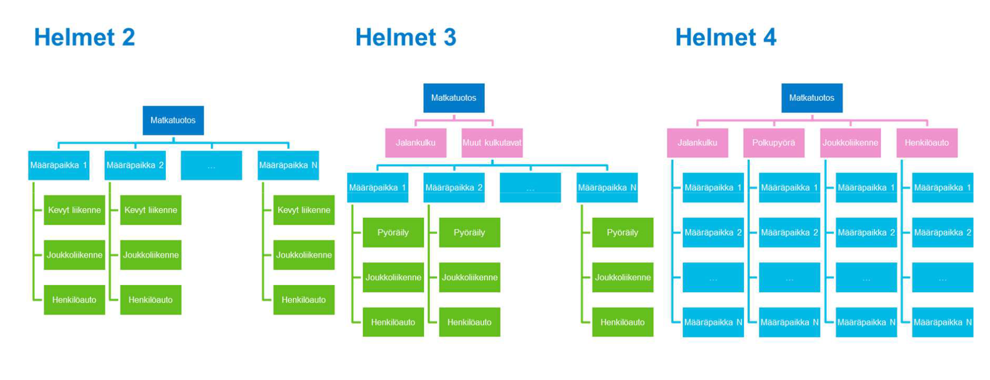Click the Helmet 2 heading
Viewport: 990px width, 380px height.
84,37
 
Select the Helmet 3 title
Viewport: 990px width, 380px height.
406,37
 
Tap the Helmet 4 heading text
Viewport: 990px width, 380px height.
725,37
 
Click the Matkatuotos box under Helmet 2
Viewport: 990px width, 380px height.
173,120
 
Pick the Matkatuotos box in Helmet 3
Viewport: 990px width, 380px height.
454,98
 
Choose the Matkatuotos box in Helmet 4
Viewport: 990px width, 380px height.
812,98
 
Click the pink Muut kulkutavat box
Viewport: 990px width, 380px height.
492,142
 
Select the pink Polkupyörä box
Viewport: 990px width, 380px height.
774,142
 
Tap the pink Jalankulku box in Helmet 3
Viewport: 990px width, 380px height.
416,142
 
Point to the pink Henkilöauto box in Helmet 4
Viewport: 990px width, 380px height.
927,142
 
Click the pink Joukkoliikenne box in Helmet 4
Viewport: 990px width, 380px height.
850,142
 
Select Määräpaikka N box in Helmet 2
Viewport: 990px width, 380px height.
288,165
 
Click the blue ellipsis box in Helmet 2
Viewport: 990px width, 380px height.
211,165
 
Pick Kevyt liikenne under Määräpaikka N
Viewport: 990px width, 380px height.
304,210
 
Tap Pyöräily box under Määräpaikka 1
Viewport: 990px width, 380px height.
393,232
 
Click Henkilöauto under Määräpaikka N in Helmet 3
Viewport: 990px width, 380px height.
623,322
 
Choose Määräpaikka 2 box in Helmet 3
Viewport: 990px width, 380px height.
454,187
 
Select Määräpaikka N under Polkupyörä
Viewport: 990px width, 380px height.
789,322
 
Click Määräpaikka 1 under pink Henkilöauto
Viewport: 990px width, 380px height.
942,187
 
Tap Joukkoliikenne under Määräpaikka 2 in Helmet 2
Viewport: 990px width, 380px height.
150,255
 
